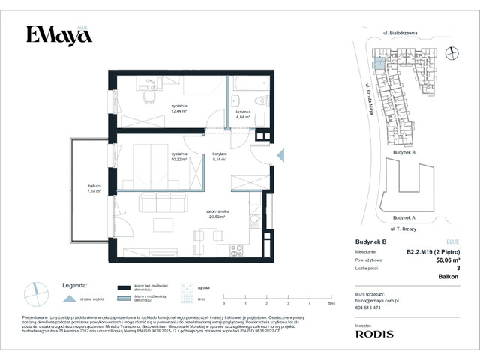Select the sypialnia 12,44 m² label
tap(178, 110)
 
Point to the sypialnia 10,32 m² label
tap(178, 157)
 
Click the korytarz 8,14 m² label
tap(219, 157)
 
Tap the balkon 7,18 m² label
tap(82, 189)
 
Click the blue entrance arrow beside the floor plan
tap(280, 155)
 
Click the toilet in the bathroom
tap(260, 101)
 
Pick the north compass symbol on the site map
tap(451, 52)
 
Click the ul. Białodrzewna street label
tap(400, 34)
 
